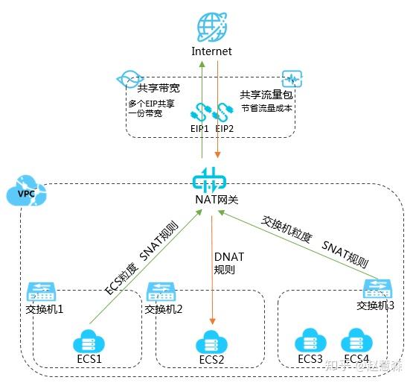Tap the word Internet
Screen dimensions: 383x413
(211, 51)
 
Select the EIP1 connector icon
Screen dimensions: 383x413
(199, 112)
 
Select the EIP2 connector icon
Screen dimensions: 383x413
(221, 112)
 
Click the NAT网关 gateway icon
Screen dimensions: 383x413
(211, 181)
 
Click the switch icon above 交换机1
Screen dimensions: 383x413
(37, 290)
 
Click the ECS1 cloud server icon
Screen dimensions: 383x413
(87, 343)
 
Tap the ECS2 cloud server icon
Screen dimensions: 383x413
(211, 344)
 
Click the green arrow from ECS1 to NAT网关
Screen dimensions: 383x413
(141, 276)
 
